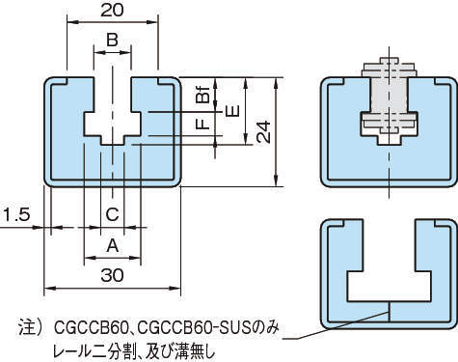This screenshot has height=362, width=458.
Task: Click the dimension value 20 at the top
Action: click(112, 10)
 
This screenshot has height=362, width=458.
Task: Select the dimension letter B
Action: click(112, 41)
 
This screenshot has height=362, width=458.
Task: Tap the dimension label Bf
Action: click(202, 94)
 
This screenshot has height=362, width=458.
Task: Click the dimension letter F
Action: click(202, 125)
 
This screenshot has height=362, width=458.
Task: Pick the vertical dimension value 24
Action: click(264, 132)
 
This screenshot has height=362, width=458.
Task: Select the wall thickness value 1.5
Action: click(16, 214)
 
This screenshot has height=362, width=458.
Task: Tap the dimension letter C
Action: click(113, 214)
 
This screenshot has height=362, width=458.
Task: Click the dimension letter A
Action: click(113, 246)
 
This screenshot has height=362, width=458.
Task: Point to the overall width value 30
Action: click(112, 275)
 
